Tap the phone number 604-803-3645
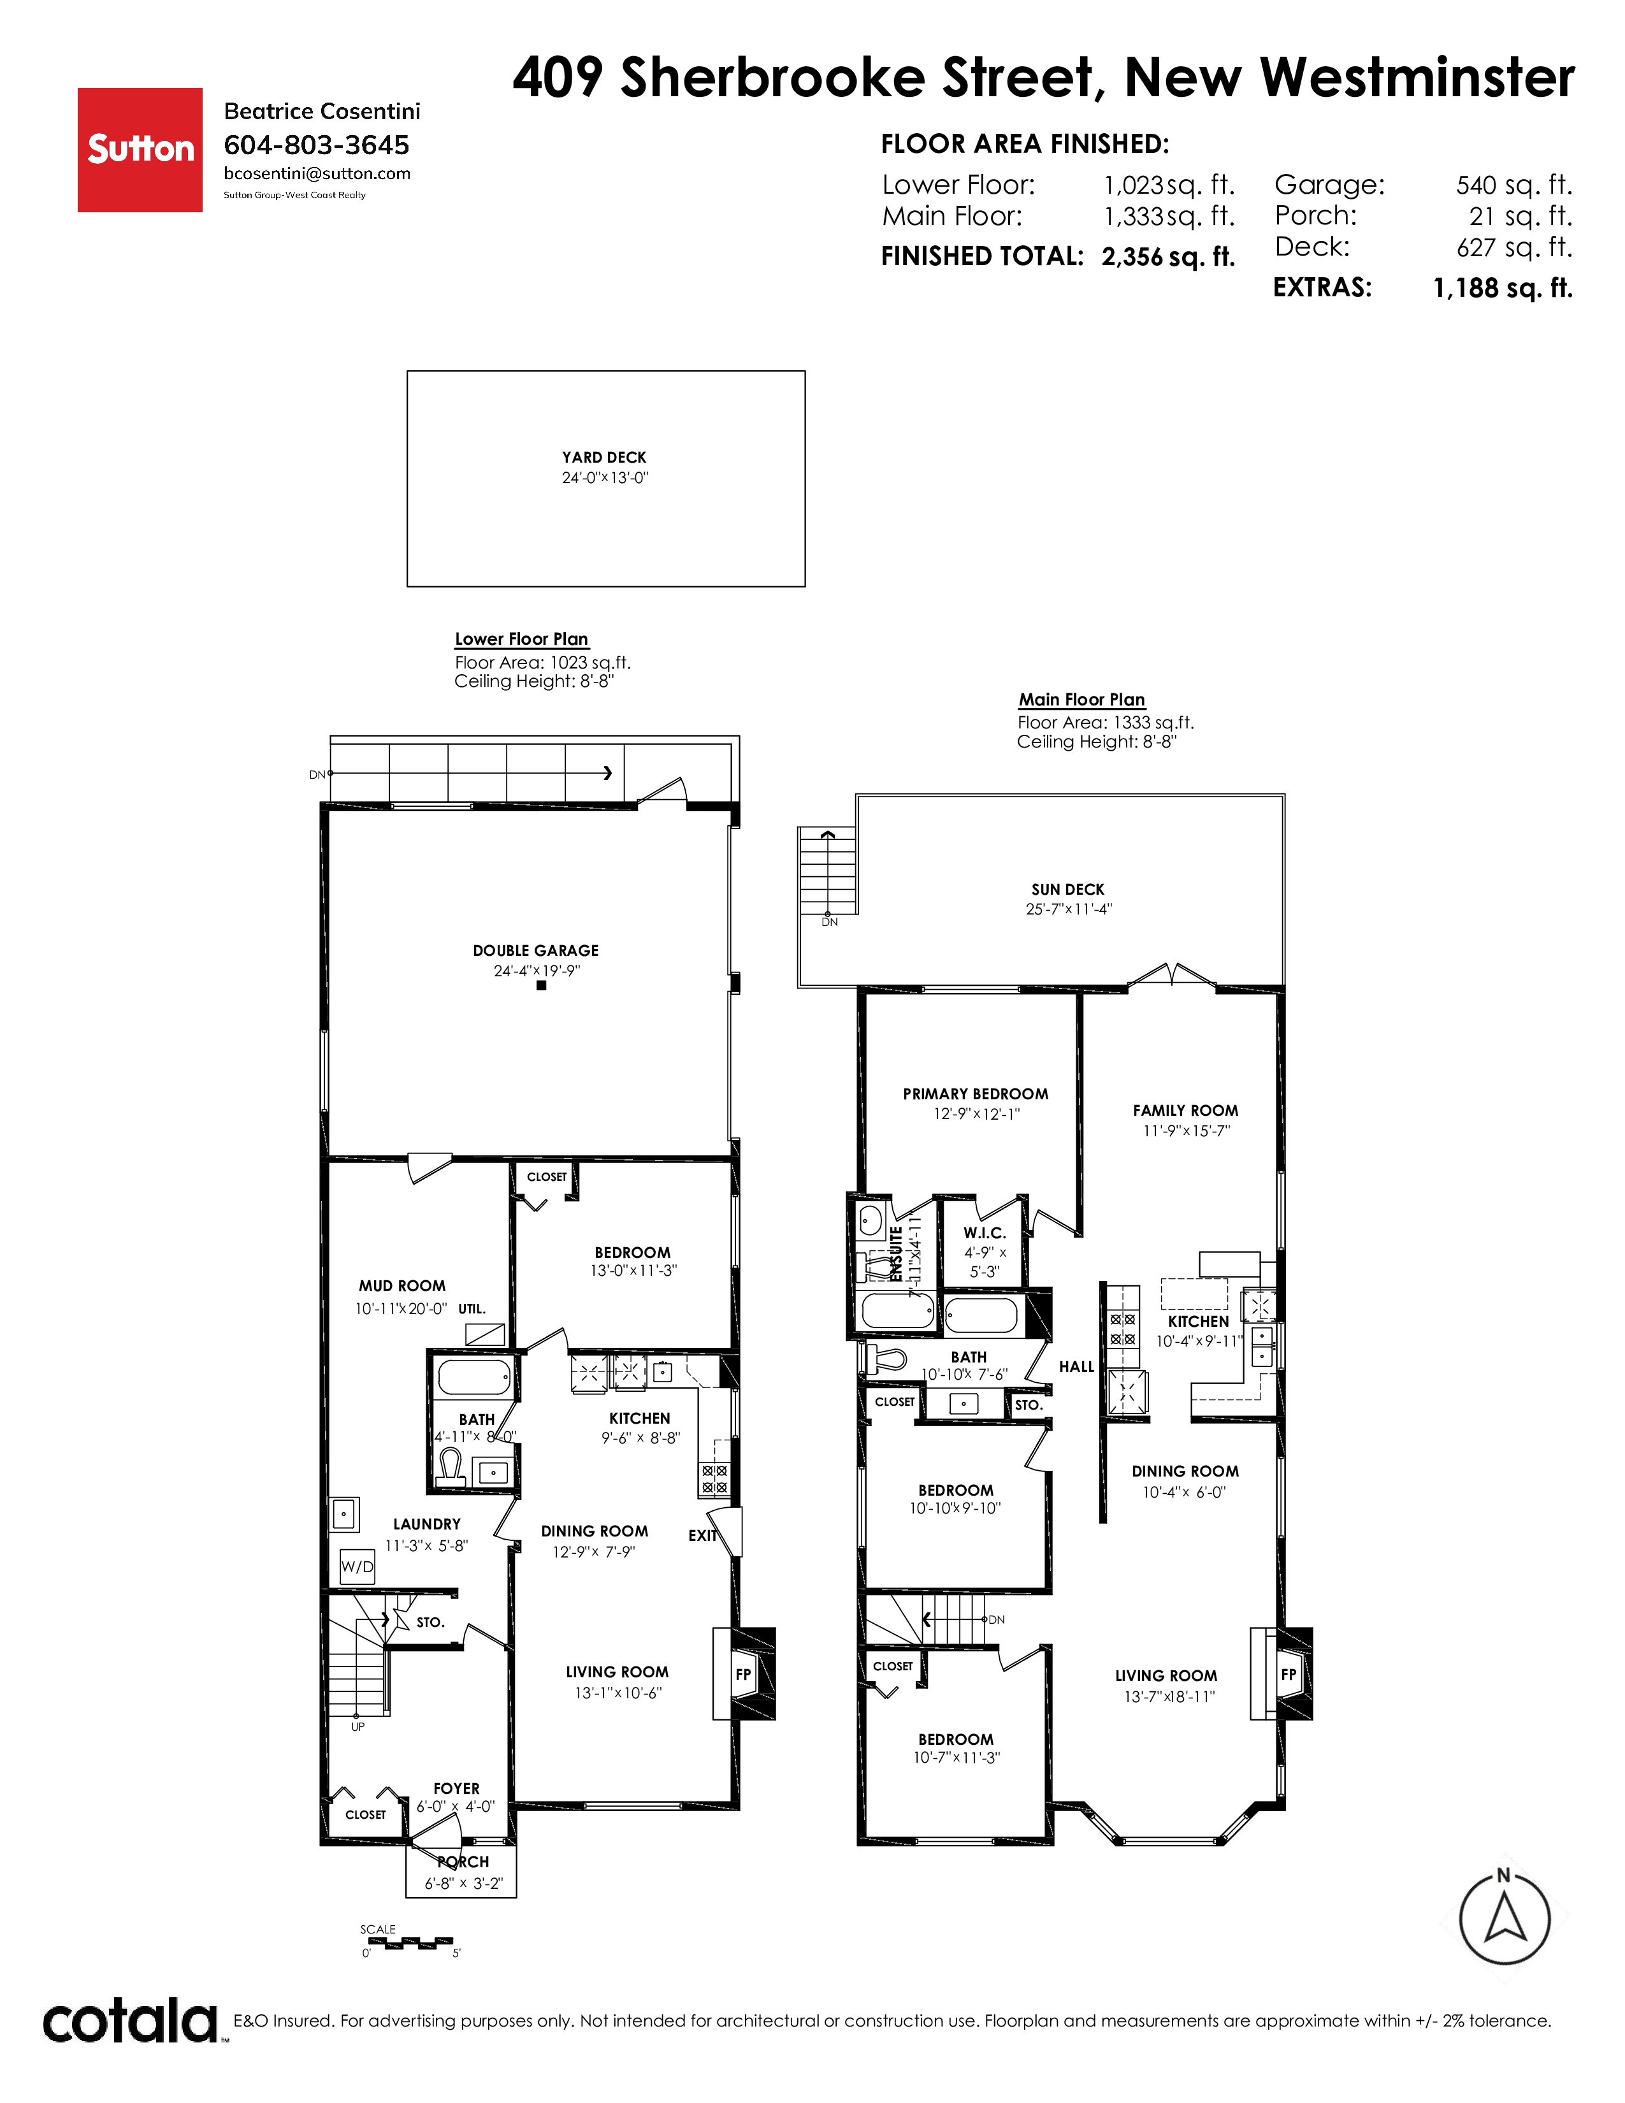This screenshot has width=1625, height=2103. [317, 145]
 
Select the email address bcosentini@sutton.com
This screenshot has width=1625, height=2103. [317, 173]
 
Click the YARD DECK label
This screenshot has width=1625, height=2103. [605, 458]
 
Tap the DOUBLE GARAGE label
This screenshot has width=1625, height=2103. [535, 950]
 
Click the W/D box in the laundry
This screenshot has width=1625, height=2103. [357, 1566]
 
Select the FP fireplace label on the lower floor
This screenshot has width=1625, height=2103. [743, 1675]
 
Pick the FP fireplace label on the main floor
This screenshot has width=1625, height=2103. [1289, 1675]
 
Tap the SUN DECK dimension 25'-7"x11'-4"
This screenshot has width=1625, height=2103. [1069, 909]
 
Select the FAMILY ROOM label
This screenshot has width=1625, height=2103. [1185, 1110]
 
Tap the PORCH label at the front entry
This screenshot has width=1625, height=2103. [463, 1862]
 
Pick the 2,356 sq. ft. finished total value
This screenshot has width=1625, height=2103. [1167, 257]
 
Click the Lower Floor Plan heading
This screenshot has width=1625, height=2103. [522, 639]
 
